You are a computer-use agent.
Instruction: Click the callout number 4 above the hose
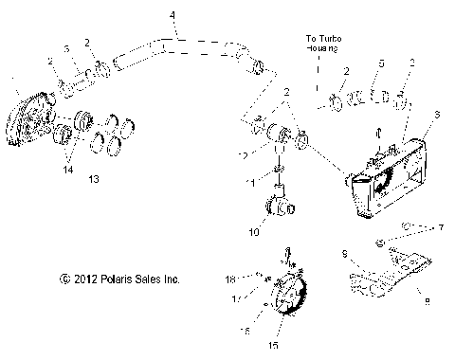[172, 15]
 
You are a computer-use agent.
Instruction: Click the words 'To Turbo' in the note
[323, 37]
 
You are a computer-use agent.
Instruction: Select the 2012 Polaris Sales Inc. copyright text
[119, 279]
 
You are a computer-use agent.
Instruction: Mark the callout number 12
[244, 154]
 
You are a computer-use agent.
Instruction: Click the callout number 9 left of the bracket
[345, 254]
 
